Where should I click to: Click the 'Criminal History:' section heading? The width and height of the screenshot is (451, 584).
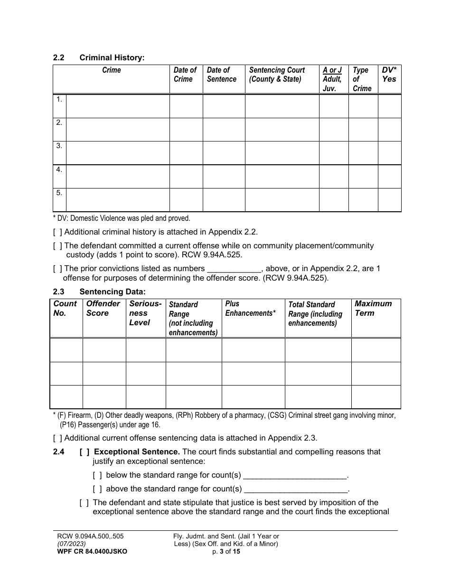coord(112,58)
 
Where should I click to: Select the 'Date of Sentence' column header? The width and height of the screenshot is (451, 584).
coord(221,75)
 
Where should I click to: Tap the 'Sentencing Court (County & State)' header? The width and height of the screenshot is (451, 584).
coord(277,75)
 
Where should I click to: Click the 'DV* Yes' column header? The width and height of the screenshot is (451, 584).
coord(389,75)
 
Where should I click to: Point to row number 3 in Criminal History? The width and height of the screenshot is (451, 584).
coord(59,146)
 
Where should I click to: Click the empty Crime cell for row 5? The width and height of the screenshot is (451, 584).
coord(117,200)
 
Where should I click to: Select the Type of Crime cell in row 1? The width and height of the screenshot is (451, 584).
coord(363,106)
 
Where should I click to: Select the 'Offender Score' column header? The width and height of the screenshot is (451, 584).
coord(103,309)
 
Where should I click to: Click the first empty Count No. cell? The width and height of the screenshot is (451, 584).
coord(66,350)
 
